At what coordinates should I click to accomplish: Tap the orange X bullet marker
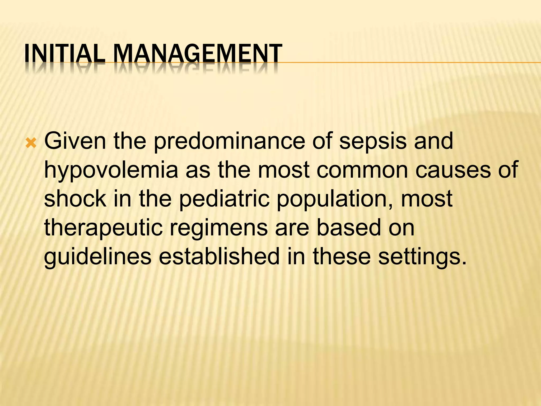[x=31, y=144]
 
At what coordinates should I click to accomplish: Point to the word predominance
[x=229, y=141]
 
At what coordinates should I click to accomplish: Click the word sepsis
[x=373, y=141]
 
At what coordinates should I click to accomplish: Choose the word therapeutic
[x=103, y=228]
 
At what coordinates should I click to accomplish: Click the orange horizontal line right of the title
[x=396, y=63]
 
